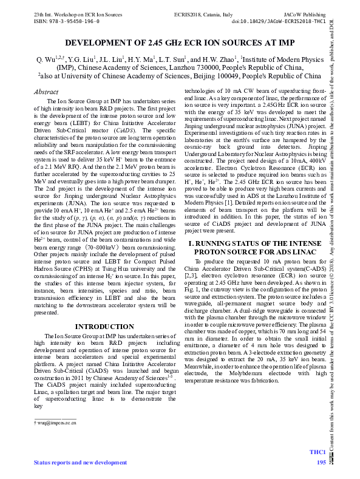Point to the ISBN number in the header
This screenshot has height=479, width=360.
tap(59, 20)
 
